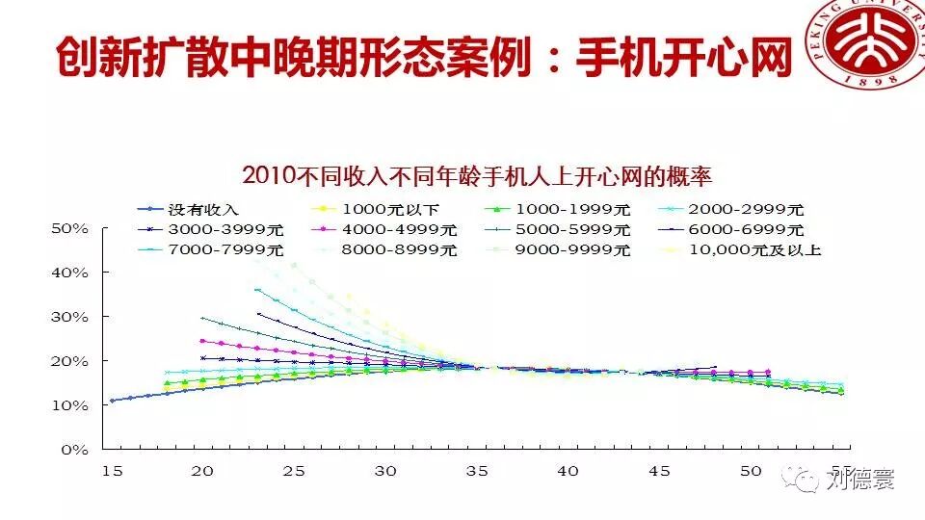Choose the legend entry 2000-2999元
click(746, 209)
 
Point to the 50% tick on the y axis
click(69, 228)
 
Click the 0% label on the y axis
click(74, 450)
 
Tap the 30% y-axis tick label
click(69, 317)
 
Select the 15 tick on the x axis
click(111, 471)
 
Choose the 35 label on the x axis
click(477, 471)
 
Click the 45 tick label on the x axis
click(660, 471)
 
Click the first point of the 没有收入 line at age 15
click(112, 400)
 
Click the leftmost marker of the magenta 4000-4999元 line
click(202, 341)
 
